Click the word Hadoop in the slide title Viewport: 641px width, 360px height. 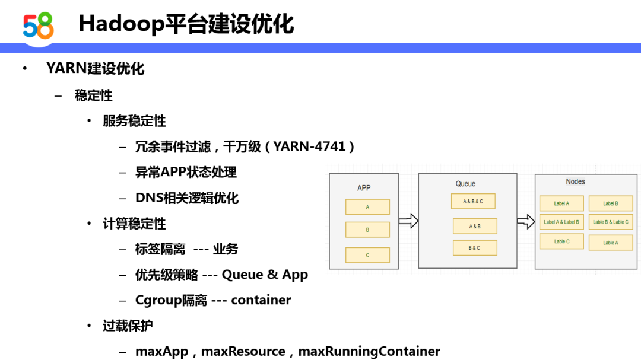click(121, 24)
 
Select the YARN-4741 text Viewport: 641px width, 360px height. click(309, 146)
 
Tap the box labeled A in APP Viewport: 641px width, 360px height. click(367, 207)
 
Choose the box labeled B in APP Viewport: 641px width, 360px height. click(367, 230)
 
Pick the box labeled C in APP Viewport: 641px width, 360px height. click(367, 255)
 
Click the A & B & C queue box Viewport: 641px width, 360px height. click(473, 202)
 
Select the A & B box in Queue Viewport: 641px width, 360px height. click(475, 226)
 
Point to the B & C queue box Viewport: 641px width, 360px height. click(475, 248)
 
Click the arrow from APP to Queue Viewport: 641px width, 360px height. click(408, 221)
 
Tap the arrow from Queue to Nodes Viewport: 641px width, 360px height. click(526, 221)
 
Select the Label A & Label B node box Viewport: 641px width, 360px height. click(561, 222)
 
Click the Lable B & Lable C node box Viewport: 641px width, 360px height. click(611, 222)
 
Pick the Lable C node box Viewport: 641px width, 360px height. click(561, 241)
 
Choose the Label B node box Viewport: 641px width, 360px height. click(611, 203)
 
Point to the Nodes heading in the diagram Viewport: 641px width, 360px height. click(575, 182)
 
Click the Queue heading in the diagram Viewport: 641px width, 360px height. click(466, 184)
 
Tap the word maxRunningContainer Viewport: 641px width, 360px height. click(369, 352)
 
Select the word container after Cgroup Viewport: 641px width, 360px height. click(261, 300)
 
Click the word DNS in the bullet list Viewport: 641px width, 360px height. click(149, 197)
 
